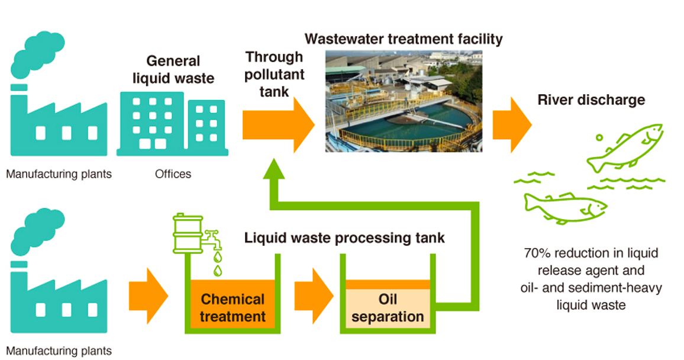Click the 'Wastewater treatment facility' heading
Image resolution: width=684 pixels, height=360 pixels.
pyautogui.click(x=404, y=40)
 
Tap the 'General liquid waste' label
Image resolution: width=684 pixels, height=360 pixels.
pyautogui.click(x=173, y=69)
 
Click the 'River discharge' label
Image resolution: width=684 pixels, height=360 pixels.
pyautogui.click(x=591, y=99)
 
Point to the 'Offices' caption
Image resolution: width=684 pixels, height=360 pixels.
pyautogui.click(x=173, y=174)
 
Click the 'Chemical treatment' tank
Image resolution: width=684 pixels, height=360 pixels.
pyautogui.click(x=233, y=307)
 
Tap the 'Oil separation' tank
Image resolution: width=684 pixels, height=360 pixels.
pyautogui.click(x=388, y=306)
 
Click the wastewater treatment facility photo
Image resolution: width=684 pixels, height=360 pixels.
pyautogui.click(x=404, y=101)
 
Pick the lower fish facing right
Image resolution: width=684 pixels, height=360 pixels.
pyautogui.click(x=564, y=207)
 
